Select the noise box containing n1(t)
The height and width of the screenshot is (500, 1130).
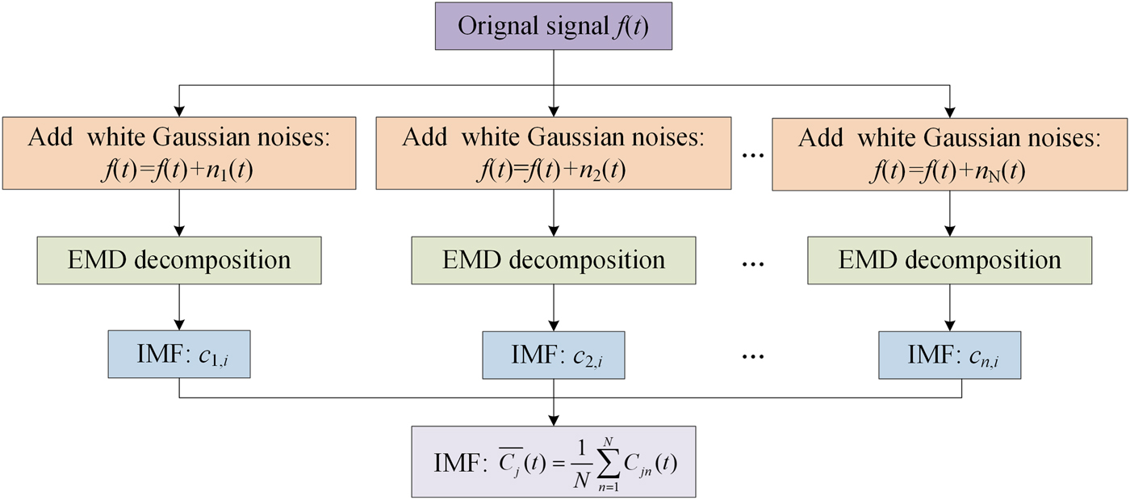click(179, 153)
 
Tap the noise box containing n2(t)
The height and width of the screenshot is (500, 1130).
click(553, 153)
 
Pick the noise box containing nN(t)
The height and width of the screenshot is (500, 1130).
click(949, 153)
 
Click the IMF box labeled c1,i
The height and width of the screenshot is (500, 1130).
click(179, 355)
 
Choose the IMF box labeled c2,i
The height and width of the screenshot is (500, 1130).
click(553, 355)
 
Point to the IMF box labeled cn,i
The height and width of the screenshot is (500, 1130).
click(949, 355)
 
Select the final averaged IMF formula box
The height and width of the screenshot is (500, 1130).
click(553, 460)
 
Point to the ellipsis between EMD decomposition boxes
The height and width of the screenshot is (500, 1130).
click(751, 262)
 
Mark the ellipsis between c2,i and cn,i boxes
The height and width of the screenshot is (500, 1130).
click(751, 356)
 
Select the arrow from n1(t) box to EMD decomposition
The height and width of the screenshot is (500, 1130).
click(179, 213)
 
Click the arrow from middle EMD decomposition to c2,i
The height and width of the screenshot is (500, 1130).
click(553, 307)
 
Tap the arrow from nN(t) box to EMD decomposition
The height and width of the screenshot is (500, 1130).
click(949, 213)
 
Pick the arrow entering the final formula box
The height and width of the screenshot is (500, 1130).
click(553, 412)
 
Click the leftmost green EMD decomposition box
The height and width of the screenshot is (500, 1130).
click(179, 260)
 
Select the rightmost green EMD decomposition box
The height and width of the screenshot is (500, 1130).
click(949, 260)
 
